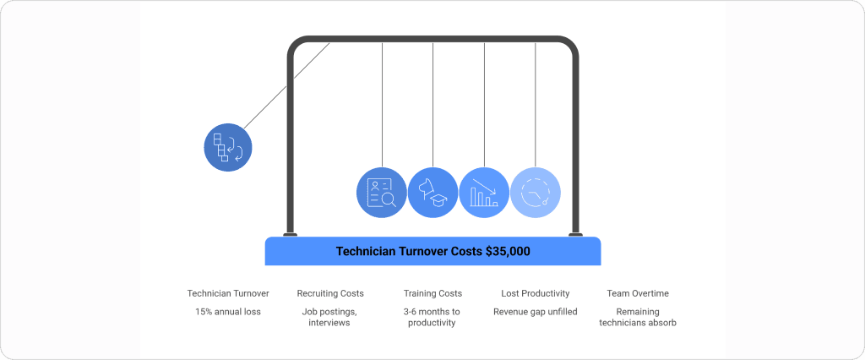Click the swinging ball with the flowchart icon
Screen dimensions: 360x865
coord(228,148)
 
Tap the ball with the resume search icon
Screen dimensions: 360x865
coord(382,193)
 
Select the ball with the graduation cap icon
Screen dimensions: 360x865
coord(432,193)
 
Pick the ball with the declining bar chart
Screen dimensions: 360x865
coord(484,193)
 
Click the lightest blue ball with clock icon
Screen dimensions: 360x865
coord(536,193)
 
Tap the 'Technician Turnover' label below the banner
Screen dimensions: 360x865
coord(228,293)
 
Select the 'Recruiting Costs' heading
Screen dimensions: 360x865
coord(330,293)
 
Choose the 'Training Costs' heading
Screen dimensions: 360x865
coord(432,293)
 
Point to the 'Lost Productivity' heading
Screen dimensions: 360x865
coord(536,293)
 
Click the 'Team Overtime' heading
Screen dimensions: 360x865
coord(638,293)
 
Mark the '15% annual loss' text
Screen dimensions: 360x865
coord(228,312)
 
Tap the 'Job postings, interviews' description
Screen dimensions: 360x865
coord(330,317)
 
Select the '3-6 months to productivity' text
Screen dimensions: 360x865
coord(432,317)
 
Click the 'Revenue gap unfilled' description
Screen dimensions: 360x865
coord(536,312)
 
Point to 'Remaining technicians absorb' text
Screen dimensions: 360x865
coord(638,317)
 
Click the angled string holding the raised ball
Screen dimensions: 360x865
coord(287,85)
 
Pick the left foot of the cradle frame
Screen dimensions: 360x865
coord(291,235)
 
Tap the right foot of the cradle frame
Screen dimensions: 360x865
coord(575,235)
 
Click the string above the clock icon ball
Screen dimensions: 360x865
coord(536,101)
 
